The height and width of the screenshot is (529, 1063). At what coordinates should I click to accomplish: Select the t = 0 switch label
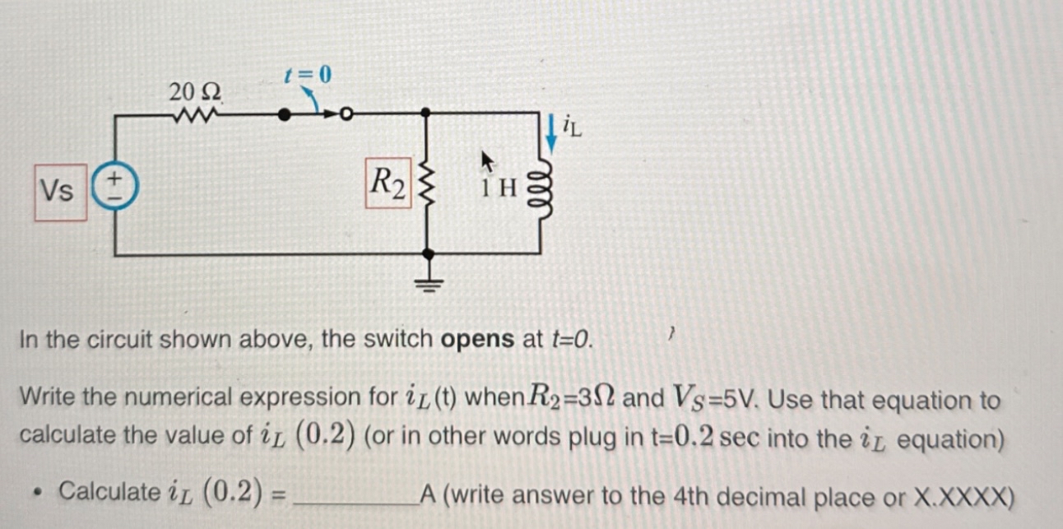(307, 75)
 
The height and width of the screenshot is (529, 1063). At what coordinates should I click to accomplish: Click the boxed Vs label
(60, 193)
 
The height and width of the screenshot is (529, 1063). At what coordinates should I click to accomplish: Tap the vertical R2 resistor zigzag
(426, 186)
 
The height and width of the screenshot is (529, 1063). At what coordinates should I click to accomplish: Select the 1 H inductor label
(499, 188)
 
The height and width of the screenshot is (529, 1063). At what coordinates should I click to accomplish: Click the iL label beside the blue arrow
(573, 128)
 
